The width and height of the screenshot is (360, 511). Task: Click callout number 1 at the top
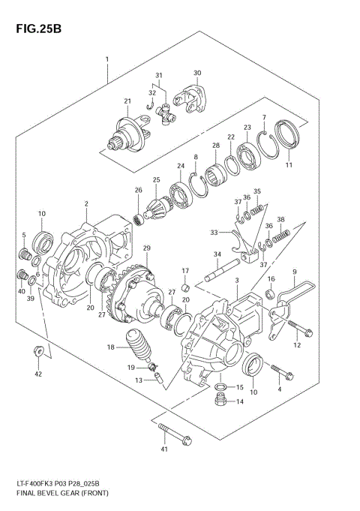pos(107,59)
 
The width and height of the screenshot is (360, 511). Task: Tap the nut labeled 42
pos(37,350)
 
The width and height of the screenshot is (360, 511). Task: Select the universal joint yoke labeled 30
pos(189,97)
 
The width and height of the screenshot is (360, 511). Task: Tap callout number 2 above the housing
pos(87,203)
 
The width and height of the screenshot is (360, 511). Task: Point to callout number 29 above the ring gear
pos(147,248)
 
